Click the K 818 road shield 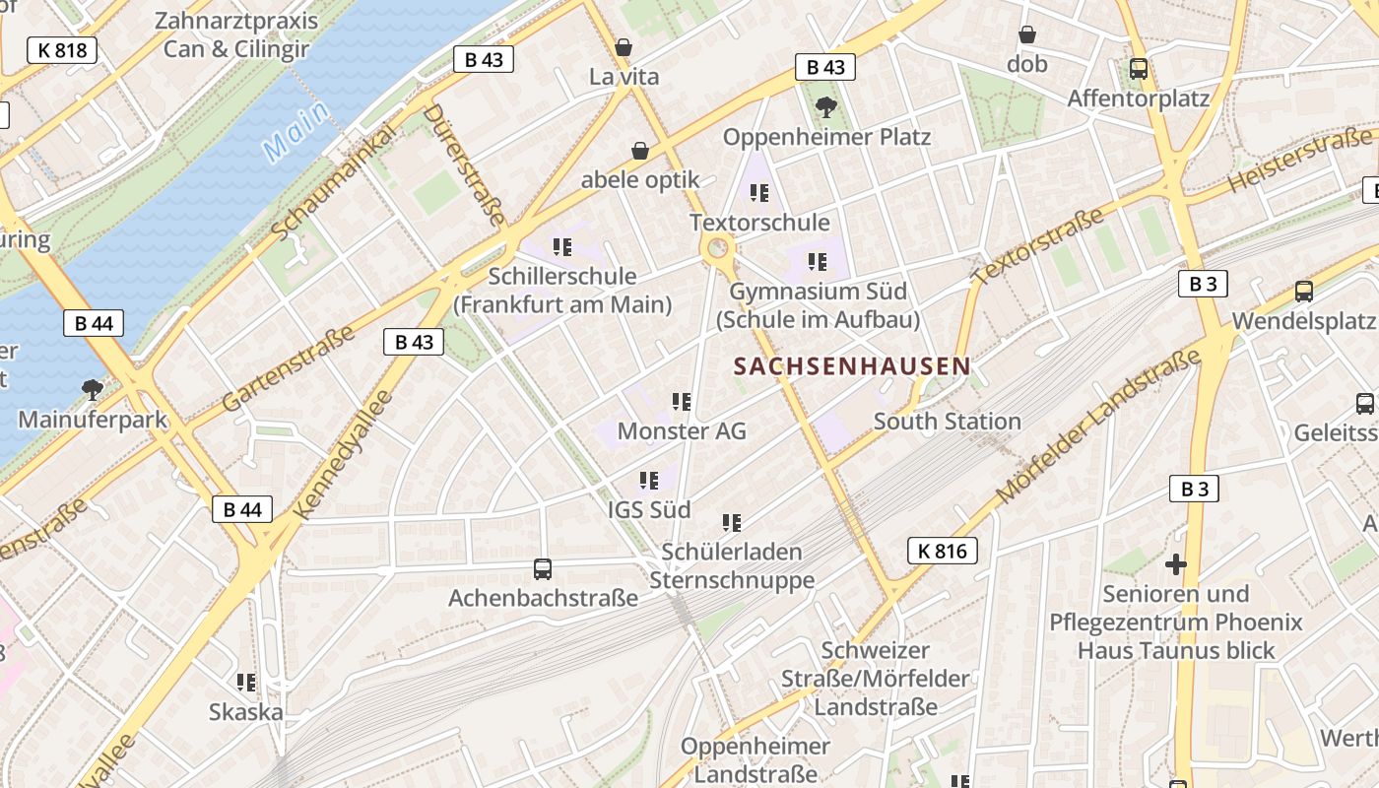(62, 49)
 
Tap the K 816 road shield (943, 551)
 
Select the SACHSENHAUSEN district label (852, 366)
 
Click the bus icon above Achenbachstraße (543, 568)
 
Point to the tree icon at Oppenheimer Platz (826, 106)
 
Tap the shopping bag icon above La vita (624, 46)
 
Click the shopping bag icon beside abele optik (640, 151)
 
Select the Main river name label (296, 133)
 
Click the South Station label (947, 422)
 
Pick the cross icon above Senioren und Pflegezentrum (1175, 564)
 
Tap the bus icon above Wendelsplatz (1304, 291)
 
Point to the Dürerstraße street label (464, 164)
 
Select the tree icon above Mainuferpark (93, 389)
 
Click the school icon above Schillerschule (562, 246)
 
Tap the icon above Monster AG (682, 401)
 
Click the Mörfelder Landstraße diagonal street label (1097, 426)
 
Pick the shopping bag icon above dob (1027, 34)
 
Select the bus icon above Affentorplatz (1139, 69)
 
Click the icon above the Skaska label (246, 682)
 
